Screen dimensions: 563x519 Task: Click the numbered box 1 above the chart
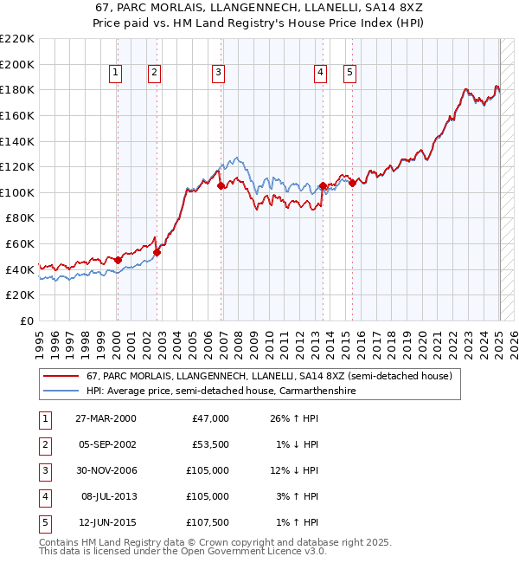(x=115, y=74)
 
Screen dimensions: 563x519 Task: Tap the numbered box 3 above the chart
(x=218, y=74)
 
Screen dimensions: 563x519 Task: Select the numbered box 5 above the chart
(x=350, y=74)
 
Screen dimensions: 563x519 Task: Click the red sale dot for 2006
(x=221, y=185)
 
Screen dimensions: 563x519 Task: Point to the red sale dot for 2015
(x=352, y=183)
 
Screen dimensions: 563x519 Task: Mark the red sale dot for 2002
(x=157, y=252)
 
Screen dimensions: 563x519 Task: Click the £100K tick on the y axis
(x=17, y=192)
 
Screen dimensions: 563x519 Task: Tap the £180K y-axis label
(x=17, y=89)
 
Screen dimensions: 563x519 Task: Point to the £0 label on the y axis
(x=26, y=320)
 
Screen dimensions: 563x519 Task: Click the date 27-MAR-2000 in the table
(x=105, y=418)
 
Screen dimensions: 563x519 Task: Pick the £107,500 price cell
(x=208, y=522)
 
